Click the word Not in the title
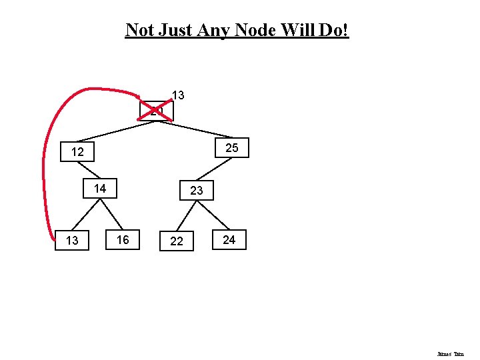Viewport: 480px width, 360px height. click(139, 30)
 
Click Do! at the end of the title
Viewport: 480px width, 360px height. click(334, 30)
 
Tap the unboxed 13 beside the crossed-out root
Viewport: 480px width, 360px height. click(178, 95)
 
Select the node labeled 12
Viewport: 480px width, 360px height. click(77, 152)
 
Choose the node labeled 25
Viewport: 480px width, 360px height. click(232, 147)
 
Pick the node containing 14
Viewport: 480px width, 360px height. click(100, 189)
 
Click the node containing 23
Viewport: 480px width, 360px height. click(196, 191)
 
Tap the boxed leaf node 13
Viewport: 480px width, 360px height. click(72, 241)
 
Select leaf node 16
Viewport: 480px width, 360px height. click(123, 239)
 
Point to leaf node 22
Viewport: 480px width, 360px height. click(177, 241)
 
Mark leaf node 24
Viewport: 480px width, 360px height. click(229, 239)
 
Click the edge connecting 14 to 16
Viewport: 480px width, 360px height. click(113, 214)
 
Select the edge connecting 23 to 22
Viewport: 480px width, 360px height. click(183, 215)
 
